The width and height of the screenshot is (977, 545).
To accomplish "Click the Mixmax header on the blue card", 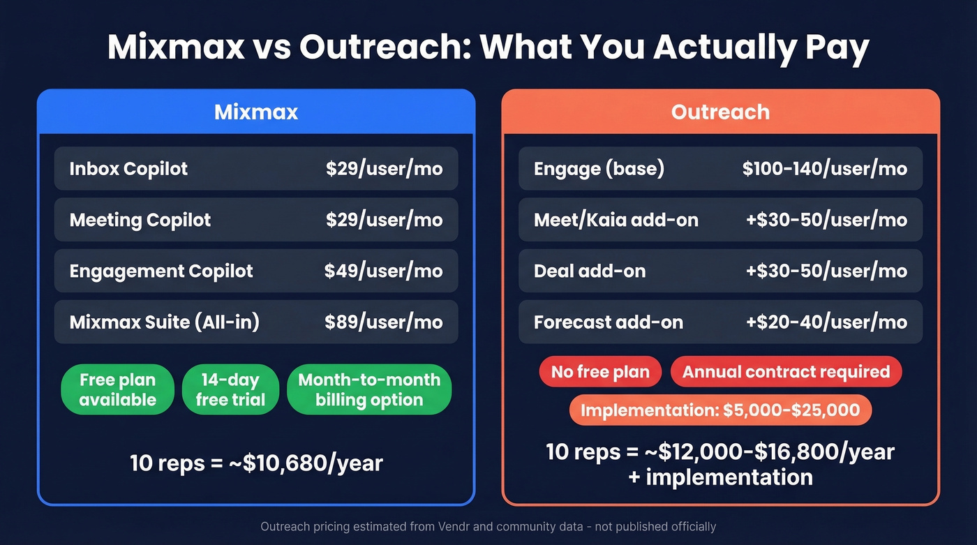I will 256,112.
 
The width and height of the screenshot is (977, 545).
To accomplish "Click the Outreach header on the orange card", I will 720,112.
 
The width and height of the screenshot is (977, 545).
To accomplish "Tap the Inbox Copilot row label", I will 128,169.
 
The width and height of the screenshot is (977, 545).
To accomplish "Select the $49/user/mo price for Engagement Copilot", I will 383,271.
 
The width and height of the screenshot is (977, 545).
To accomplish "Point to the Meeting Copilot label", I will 140,220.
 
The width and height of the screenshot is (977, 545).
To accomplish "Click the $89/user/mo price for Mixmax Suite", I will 383,322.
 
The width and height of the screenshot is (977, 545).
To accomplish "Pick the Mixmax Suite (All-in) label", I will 165,322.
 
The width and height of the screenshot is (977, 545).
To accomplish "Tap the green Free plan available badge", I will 117,389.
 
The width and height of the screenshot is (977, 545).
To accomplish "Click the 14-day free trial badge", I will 230,389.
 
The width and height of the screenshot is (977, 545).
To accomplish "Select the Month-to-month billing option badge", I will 369,389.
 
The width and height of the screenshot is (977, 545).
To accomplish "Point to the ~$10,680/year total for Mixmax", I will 256,463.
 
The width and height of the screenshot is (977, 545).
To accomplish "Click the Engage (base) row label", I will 599,169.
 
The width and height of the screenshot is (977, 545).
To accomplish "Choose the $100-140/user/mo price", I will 825,169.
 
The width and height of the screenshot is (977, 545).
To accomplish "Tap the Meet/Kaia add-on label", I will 616,220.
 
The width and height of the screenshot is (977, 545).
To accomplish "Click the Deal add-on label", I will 590,271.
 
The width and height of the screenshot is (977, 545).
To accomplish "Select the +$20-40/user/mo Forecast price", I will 826,322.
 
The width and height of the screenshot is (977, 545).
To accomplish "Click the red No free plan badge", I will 600,372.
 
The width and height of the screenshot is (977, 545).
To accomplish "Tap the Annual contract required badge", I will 786,372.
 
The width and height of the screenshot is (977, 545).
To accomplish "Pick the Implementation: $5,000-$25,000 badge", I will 720,410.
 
